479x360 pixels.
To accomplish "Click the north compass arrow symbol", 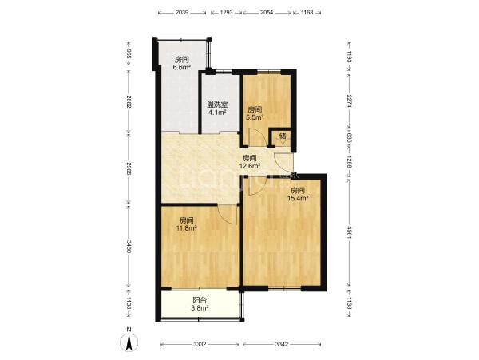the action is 129,342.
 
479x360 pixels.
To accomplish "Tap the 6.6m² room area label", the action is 182,64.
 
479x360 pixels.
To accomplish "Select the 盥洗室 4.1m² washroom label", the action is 217,109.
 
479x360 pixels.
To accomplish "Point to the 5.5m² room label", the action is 255,113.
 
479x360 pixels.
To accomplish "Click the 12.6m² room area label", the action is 250,162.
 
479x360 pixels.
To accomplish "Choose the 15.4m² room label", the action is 298,194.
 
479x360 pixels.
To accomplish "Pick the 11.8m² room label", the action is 186,224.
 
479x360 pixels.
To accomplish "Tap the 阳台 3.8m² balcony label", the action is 200,304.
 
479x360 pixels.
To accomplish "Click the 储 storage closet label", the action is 283,136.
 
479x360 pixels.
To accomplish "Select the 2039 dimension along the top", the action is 182,13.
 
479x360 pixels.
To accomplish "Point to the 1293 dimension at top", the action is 227,13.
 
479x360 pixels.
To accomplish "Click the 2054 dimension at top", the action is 266,13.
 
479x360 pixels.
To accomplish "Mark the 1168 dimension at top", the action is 307,13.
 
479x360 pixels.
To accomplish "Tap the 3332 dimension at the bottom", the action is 200,344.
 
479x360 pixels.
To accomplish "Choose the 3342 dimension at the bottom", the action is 282,344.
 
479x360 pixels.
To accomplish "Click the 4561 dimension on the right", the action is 350,232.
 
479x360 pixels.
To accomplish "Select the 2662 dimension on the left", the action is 129,101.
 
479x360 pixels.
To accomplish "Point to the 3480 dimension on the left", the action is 129,247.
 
